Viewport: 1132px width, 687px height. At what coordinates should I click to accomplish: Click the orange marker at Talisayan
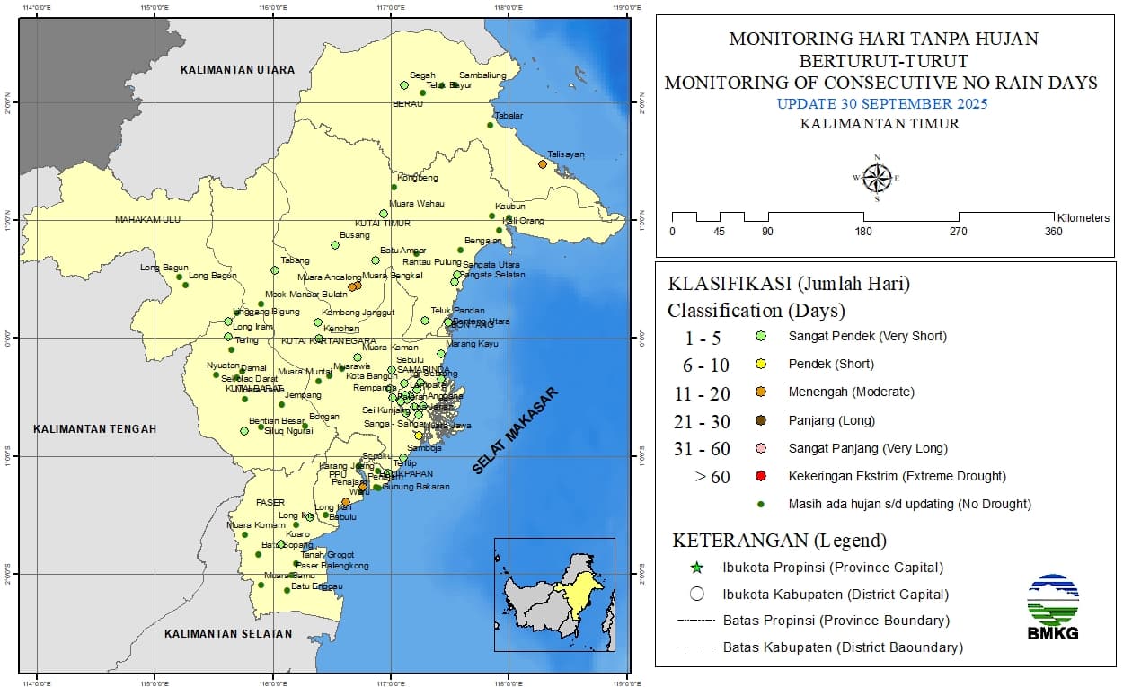tap(543, 163)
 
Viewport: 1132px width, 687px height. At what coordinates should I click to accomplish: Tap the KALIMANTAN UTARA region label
tap(237, 69)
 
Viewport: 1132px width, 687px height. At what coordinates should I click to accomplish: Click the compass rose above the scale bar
tap(876, 178)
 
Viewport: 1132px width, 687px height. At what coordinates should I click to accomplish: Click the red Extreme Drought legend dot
tap(760, 476)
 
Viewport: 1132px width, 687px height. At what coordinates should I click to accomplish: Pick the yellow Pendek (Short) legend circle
tap(760, 365)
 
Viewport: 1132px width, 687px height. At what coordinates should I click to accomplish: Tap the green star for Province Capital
tap(696, 568)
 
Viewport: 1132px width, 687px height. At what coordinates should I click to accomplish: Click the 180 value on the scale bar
tap(863, 232)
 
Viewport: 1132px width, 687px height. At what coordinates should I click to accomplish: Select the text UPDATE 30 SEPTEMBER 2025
tap(881, 104)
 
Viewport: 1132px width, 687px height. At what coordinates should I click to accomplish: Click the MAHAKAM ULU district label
tap(147, 219)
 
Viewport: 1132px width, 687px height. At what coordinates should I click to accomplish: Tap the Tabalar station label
tap(508, 116)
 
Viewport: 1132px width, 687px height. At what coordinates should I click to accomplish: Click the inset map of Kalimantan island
tap(554, 595)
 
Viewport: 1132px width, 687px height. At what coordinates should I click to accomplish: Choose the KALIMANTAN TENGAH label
tap(94, 428)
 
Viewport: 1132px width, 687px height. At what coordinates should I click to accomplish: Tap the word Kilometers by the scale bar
tap(1083, 218)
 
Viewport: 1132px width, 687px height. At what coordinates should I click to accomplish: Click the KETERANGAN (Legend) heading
tap(779, 541)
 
